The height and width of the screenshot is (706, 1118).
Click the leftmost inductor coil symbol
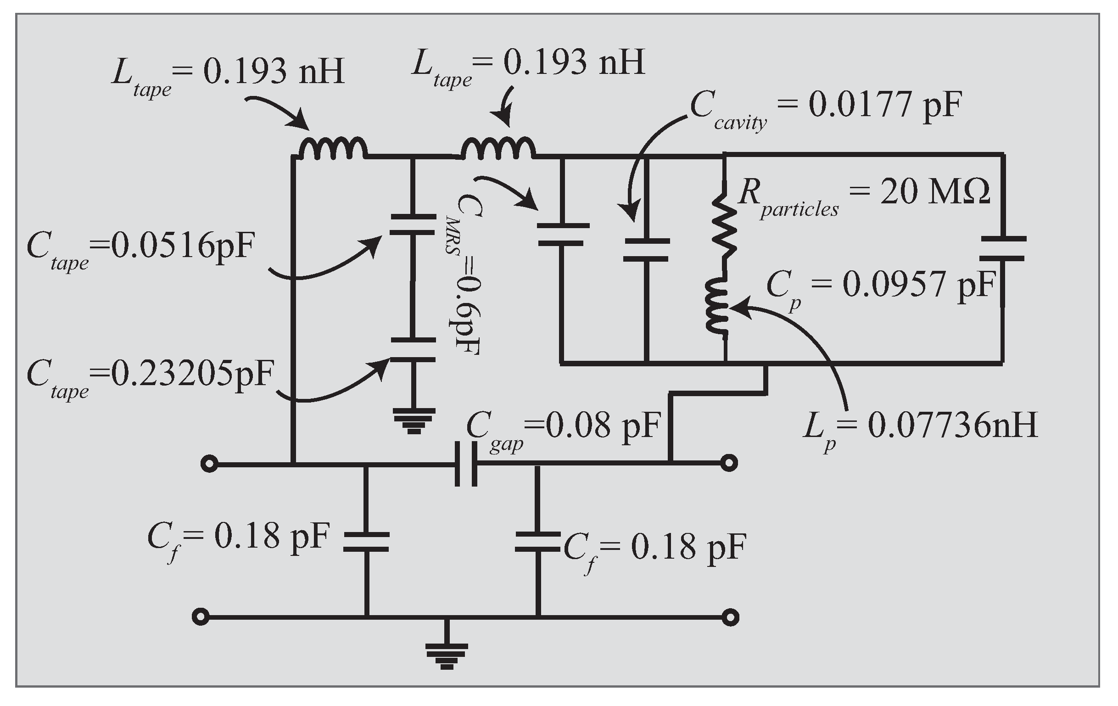[x=332, y=149]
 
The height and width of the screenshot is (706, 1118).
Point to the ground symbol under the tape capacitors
[x=414, y=420]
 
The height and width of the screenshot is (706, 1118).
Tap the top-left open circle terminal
[x=209, y=464]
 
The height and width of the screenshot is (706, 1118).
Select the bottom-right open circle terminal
[x=731, y=617]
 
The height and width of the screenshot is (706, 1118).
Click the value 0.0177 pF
[x=884, y=105]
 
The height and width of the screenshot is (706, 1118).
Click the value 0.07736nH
[x=952, y=426]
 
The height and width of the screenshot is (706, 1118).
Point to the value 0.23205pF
[x=193, y=374]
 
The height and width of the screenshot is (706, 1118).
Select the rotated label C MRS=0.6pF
[x=464, y=274]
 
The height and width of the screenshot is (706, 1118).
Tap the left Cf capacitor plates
[x=366, y=542]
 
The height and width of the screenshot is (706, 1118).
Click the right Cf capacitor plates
[x=537, y=542]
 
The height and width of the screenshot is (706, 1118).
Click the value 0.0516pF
[x=184, y=246]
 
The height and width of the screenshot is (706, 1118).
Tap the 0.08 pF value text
[x=603, y=426]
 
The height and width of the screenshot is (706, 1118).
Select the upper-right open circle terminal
[x=729, y=463]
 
